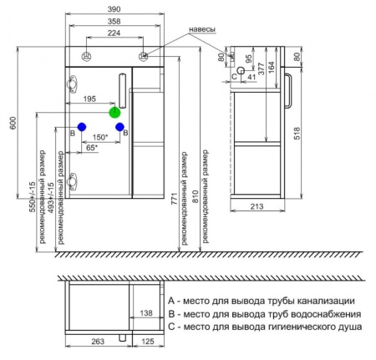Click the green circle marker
[114, 113]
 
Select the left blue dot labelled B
[82, 127]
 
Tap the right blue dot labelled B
[119, 127]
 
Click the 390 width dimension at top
[114, 9]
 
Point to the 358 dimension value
[114, 21]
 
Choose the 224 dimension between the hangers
[114, 33]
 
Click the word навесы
[202, 29]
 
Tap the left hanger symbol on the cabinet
[87, 57]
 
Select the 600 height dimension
[13, 123]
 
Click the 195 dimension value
[89, 99]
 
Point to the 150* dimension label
[100, 137]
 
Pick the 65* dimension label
[92, 148]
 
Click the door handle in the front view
[122, 91]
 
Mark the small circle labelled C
[241, 71]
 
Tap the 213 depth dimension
[257, 206]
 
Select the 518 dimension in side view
[297, 134]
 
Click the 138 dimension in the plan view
[146, 313]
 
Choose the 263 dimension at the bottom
[98, 342]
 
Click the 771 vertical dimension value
[174, 199]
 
